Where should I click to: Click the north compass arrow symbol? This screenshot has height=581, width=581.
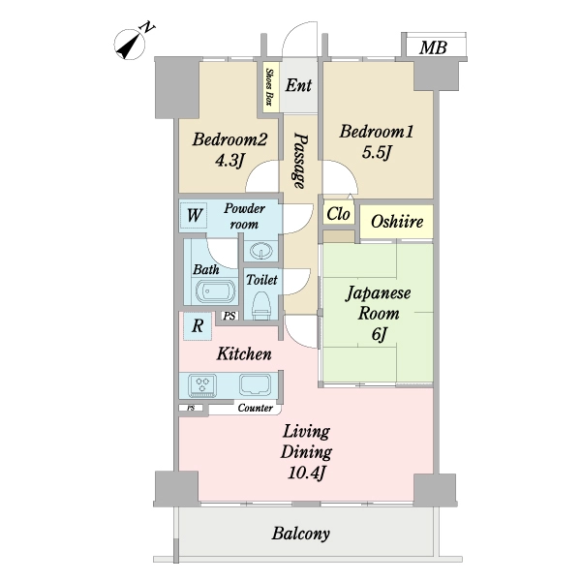click(129, 46)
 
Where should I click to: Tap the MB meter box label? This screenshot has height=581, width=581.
click(433, 47)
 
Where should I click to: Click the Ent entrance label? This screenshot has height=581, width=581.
click(298, 85)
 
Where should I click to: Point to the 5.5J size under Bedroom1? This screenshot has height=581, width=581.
click(377, 152)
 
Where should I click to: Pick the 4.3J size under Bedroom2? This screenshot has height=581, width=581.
click(229, 160)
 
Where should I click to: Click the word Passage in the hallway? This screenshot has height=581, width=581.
click(300, 161)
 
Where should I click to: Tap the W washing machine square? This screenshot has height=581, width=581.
click(195, 215)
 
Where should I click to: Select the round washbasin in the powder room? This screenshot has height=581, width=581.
click(262, 251)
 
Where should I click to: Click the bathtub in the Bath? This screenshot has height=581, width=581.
click(215, 291)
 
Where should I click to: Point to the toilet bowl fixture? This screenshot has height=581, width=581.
click(261, 305)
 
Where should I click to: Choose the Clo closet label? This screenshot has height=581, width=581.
click(338, 214)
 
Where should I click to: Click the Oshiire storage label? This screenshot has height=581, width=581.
click(397, 222)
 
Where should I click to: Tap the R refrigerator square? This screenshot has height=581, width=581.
click(198, 326)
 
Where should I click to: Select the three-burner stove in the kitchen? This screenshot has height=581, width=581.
click(202, 384)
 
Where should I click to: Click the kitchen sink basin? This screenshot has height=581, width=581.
click(255, 384)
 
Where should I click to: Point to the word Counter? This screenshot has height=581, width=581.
click(256, 408)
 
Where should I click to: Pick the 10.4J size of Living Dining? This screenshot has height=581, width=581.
click(306, 473)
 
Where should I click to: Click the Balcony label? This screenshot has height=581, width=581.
click(300, 534)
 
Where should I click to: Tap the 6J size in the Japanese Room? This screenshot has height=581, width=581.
click(379, 334)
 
